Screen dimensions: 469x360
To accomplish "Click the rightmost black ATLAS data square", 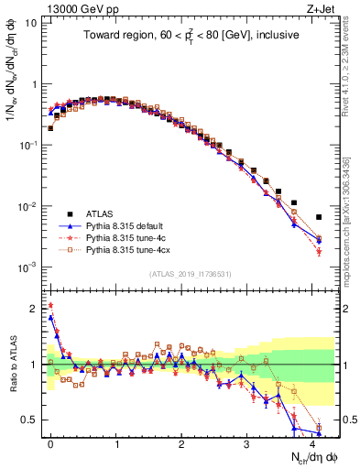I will click(319, 217).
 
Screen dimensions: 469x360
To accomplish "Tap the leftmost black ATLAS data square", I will click(50, 128).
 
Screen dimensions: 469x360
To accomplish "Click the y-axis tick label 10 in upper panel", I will click(31, 22).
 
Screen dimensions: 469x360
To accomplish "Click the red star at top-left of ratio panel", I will click(50, 305).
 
